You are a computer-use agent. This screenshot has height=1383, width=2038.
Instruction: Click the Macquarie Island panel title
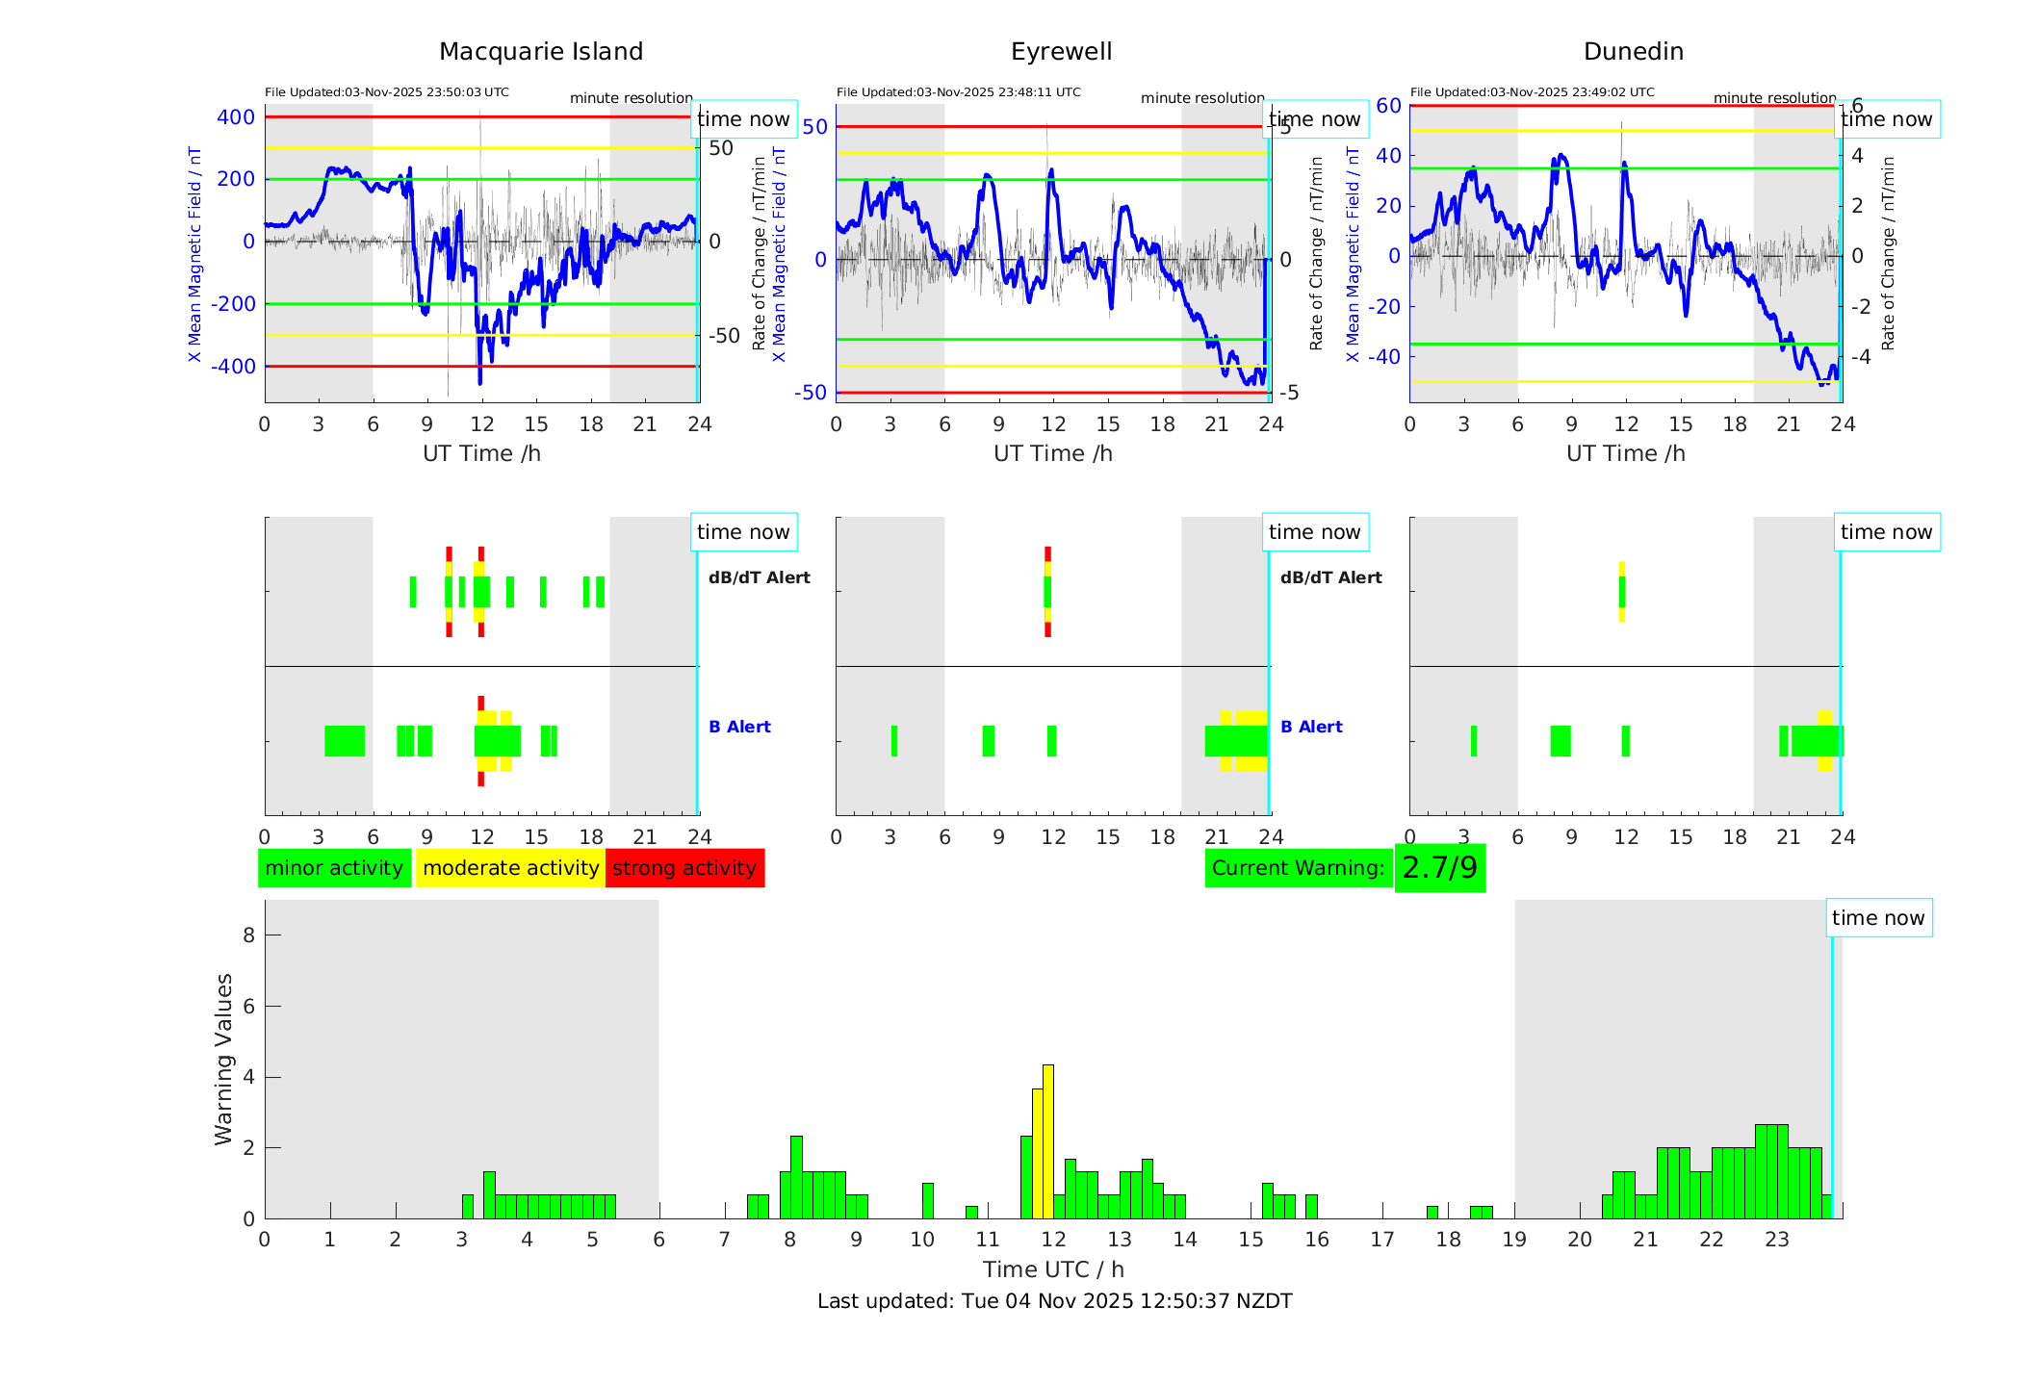pyautogui.click(x=540, y=52)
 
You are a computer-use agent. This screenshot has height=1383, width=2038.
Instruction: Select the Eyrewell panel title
pyautogui.click(x=1061, y=52)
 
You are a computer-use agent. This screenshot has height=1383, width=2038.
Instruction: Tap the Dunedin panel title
pyautogui.click(x=1633, y=52)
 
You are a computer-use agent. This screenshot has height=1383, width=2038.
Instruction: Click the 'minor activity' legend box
pyautogui.click(x=334, y=868)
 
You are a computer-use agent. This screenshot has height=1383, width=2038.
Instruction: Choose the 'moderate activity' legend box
pyautogui.click(x=510, y=868)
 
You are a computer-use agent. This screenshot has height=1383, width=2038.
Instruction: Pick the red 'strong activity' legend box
pyautogui.click(x=684, y=868)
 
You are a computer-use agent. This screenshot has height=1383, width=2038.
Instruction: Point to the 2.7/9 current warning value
pyautogui.click(x=1439, y=868)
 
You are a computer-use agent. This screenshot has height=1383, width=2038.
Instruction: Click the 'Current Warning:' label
pyautogui.click(x=1298, y=868)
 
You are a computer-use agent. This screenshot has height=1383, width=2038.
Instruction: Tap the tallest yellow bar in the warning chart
pyautogui.click(x=1048, y=1141)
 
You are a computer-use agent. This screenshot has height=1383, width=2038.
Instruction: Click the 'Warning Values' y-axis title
pyautogui.click(x=224, y=1059)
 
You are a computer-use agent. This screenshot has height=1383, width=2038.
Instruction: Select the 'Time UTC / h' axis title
pyautogui.click(x=1053, y=1269)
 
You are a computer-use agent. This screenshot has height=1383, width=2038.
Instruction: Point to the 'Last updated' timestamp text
pyautogui.click(x=1054, y=1301)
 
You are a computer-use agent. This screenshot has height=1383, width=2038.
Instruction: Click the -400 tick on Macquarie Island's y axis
pyautogui.click(x=236, y=367)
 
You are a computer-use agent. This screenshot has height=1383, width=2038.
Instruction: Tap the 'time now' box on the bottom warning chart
pyautogui.click(x=1877, y=918)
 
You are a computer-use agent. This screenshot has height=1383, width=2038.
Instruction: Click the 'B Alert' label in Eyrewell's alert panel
pyautogui.click(x=1311, y=727)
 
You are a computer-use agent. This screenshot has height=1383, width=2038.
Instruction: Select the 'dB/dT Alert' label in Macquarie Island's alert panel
pyautogui.click(x=759, y=577)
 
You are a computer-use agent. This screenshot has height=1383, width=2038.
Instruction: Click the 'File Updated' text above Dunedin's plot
pyautogui.click(x=1532, y=92)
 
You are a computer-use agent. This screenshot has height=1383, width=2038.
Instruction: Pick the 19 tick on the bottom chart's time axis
pyautogui.click(x=1514, y=1240)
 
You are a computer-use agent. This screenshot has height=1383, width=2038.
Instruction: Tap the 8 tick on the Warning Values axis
pyautogui.click(x=248, y=935)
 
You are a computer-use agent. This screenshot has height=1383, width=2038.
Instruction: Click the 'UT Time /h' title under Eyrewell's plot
pyautogui.click(x=1053, y=453)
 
